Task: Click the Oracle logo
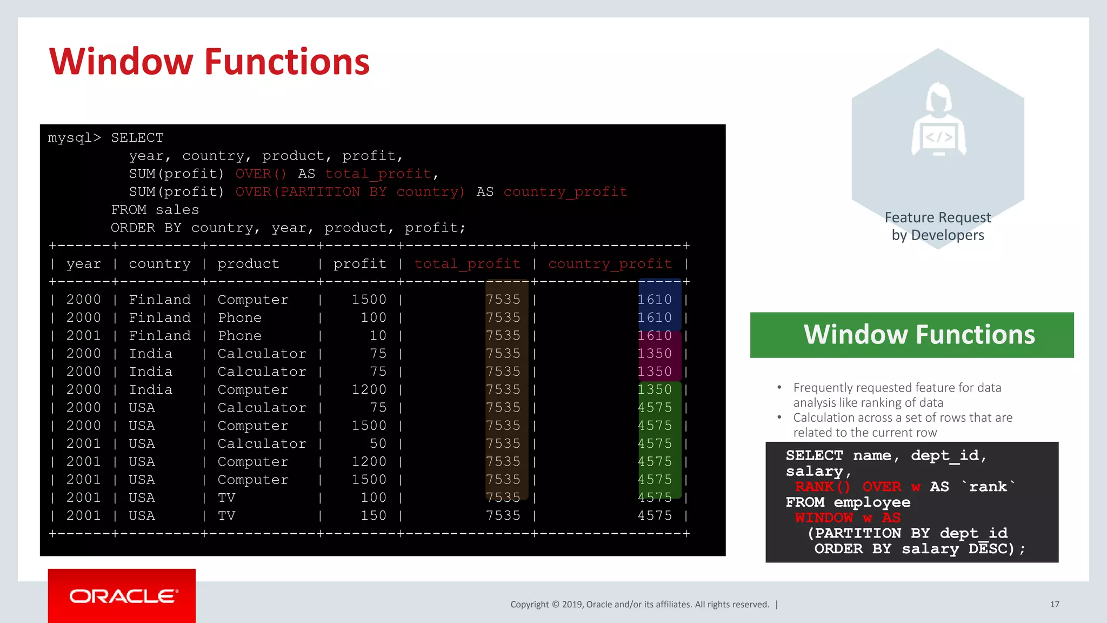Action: pos(122,596)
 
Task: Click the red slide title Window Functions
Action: pos(209,62)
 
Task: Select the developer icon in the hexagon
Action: pos(938,122)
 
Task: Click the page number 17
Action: pos(1054,604)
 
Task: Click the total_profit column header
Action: pos(467,264)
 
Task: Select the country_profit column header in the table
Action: pos(610,264)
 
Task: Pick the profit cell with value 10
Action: pos(378,336)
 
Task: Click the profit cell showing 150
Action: pos(374,516)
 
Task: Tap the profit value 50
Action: pos(378,444)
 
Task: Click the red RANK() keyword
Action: pos(822,487)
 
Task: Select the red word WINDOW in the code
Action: pos(823,518)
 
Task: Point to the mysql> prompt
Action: pos(74,138)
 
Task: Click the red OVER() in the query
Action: pos(261,174)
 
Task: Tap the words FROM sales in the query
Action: pos(155,210)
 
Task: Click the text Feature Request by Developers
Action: pos(938,226)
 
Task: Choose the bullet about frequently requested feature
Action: pos(897,395)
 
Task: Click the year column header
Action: pos(83,264)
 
